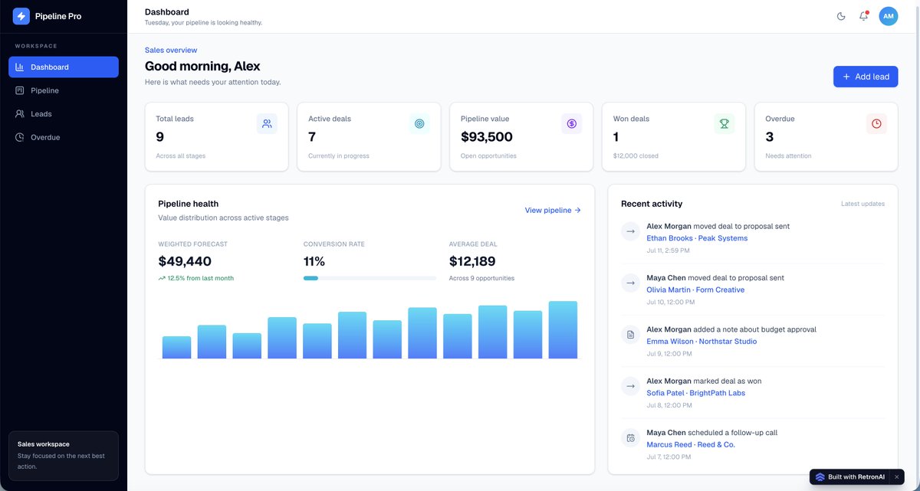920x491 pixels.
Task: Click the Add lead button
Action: pos(866,77)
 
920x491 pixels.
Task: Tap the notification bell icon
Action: pos(863,16)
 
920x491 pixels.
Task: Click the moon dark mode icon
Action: pos(841,16)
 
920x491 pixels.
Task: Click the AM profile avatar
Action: pos(888,16)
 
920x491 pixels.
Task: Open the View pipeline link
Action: pos(553,210)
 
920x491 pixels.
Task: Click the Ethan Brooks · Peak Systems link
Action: pos(697,238)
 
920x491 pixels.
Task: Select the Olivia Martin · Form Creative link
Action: pos(695,290)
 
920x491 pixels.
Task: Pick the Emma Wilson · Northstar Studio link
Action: pos(701,342)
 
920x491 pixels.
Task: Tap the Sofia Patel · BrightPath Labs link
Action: pos(696,393)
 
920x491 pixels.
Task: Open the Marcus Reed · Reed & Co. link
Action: pos(691,444)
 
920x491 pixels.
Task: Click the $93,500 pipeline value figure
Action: pos(486,136)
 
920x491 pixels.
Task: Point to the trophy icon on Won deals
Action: pos(724,123)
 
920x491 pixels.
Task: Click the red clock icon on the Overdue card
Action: pos(876,123)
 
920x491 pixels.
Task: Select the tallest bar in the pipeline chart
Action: pos(563,330)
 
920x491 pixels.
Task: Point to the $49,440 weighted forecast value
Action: pos(185,261)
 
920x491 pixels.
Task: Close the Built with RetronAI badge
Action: pos(896,476)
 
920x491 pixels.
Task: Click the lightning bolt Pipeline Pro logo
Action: pos(21,16)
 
